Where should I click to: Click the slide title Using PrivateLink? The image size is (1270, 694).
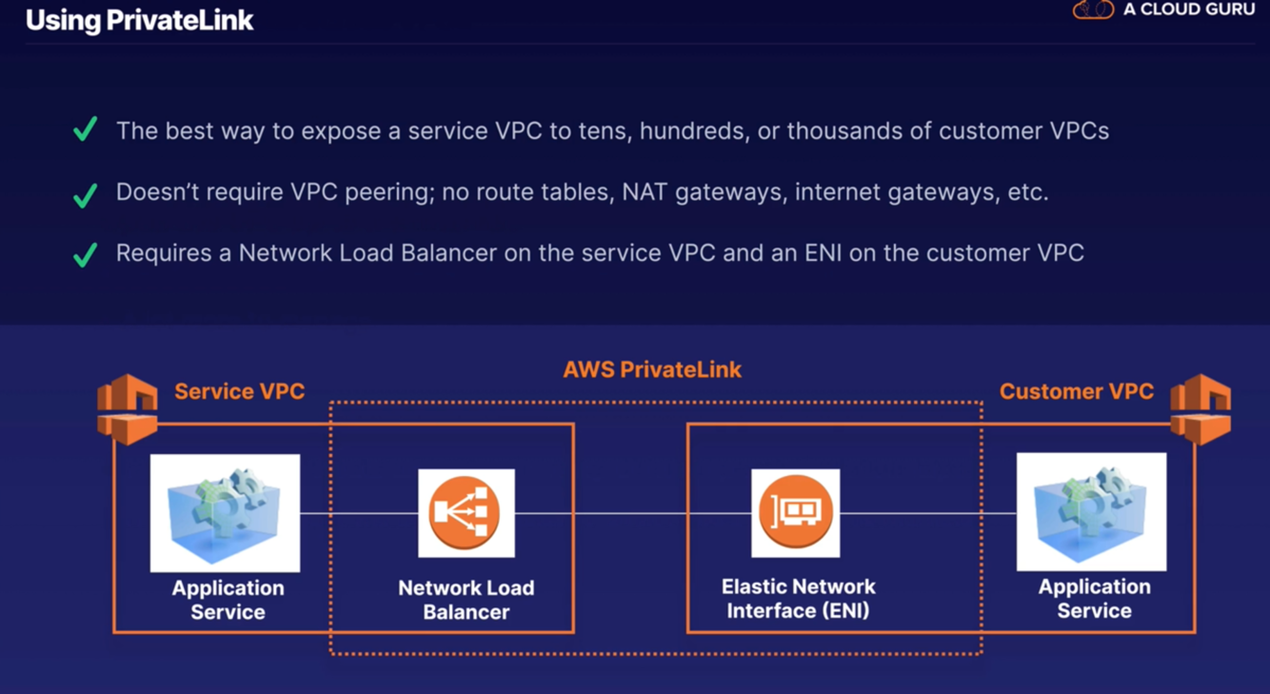[139, 20]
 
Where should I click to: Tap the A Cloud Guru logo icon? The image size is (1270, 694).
[1092, 10]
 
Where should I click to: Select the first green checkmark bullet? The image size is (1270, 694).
[86, 129]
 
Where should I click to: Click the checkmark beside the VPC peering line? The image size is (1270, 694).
[86, 195]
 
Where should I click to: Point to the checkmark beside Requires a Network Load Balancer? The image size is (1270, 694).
[86, 255]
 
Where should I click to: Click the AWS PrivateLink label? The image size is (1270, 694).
[652, 369]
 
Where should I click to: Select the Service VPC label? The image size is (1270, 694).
[239, 391]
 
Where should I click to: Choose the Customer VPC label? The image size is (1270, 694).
[1076, 391]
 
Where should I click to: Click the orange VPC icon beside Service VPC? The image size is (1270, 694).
[128, 408]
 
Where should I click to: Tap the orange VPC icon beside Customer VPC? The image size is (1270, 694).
[1201, 408]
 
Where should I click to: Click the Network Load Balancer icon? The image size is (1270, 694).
[466, 513]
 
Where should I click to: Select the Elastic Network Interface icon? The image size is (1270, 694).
[795, 513]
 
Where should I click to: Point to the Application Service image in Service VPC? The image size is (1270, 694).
[225, 512]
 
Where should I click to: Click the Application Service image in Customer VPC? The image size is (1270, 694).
[1091, 511]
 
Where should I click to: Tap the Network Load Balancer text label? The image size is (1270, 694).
[466, 600]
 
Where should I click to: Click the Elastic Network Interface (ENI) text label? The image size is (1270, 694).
[798, 599]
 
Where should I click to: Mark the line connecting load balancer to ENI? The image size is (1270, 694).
[632, 513]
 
